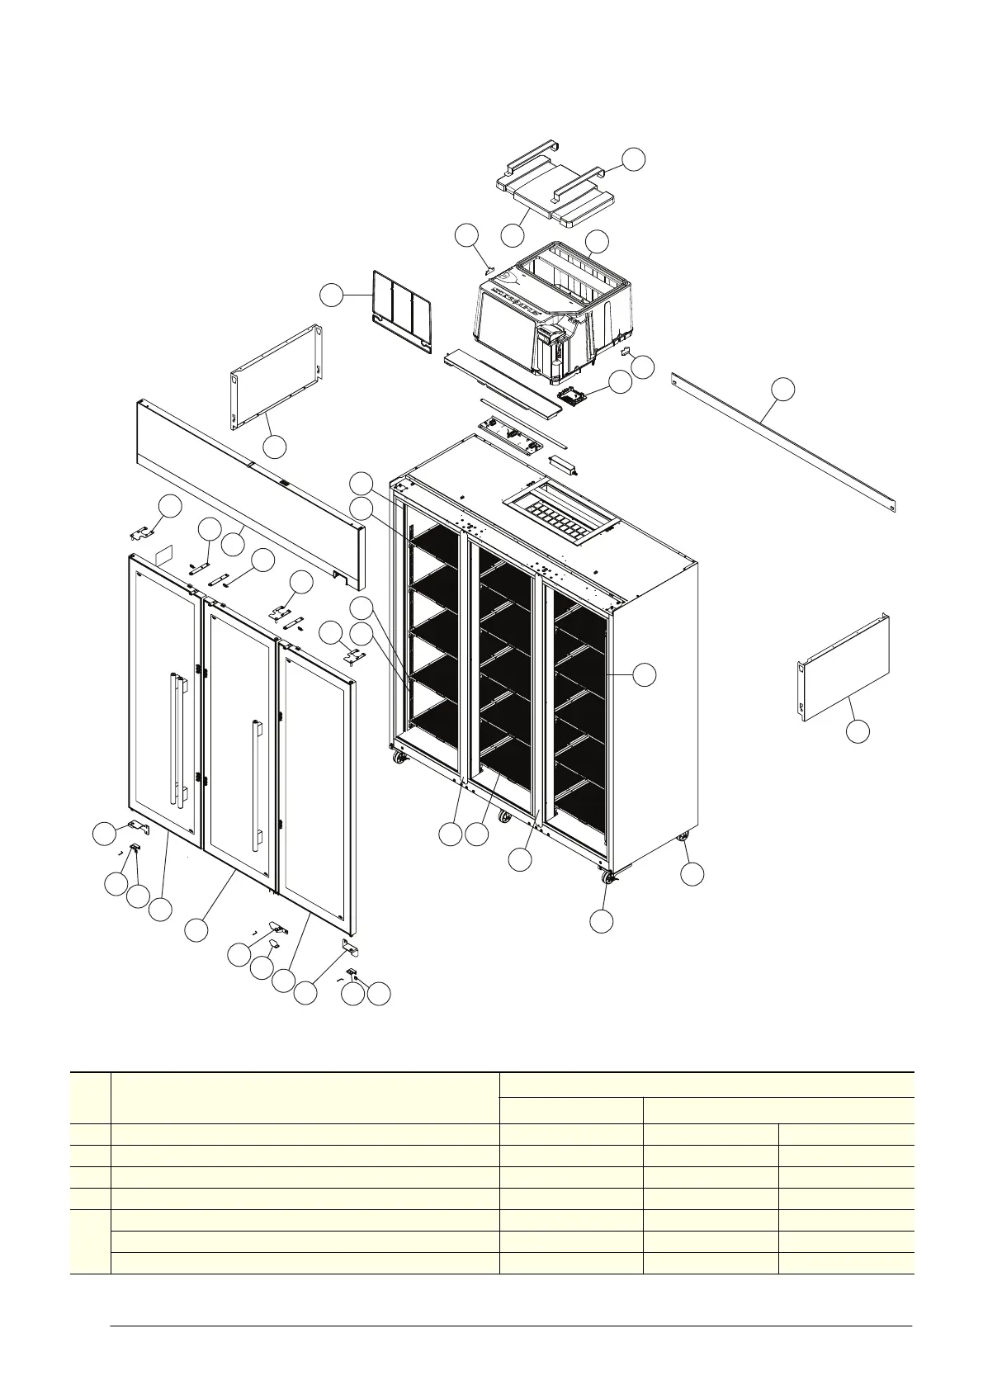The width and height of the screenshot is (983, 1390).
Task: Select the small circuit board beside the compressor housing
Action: point(577,394)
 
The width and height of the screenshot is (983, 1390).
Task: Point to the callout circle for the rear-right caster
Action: point(692,874)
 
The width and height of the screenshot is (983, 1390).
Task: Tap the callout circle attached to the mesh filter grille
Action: point(332,295)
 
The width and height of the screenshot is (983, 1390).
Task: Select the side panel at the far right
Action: point(844,669)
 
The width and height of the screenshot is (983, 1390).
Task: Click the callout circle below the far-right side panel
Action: point(858,730)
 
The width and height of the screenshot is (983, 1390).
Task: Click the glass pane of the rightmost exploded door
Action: point(316,776)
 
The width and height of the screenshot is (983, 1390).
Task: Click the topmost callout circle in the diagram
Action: point(633,159)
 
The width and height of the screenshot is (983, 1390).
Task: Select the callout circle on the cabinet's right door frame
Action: point(645,674)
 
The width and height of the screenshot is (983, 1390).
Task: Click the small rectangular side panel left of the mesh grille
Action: point(275,378)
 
